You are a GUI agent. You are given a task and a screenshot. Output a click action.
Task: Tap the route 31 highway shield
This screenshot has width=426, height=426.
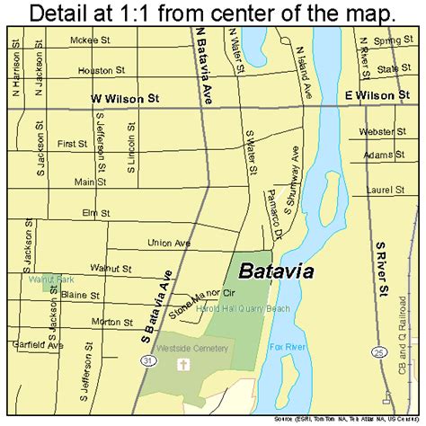click(x=145, y=333)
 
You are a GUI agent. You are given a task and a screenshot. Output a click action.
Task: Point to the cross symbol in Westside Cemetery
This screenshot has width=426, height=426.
click(x=183, y=366)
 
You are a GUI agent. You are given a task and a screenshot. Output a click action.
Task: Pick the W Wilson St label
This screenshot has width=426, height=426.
click(x=124, y=102)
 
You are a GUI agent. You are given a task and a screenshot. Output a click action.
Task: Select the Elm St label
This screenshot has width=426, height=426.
click(x=94, y=213)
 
